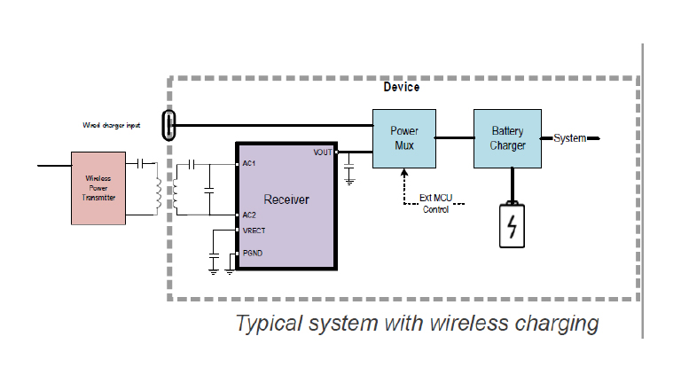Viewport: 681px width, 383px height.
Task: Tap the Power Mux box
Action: tap(404, 138)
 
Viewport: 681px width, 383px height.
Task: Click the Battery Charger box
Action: tap(508, 138)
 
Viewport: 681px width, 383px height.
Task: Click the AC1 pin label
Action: tap(249, 163)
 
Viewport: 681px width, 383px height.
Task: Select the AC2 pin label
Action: tap(249, 215)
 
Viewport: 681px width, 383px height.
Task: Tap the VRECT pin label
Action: tap(254, 231)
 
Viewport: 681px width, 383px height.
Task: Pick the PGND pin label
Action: tap(252, 254)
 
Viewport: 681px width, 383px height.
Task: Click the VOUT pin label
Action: tap(322, 152)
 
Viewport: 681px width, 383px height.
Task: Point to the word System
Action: tap(570, 138)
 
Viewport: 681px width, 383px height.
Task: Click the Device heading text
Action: tap(401, 87)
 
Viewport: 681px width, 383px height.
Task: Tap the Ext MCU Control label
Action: tap(434, 204)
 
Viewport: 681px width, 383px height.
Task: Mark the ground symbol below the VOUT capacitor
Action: tap(349, 181)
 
